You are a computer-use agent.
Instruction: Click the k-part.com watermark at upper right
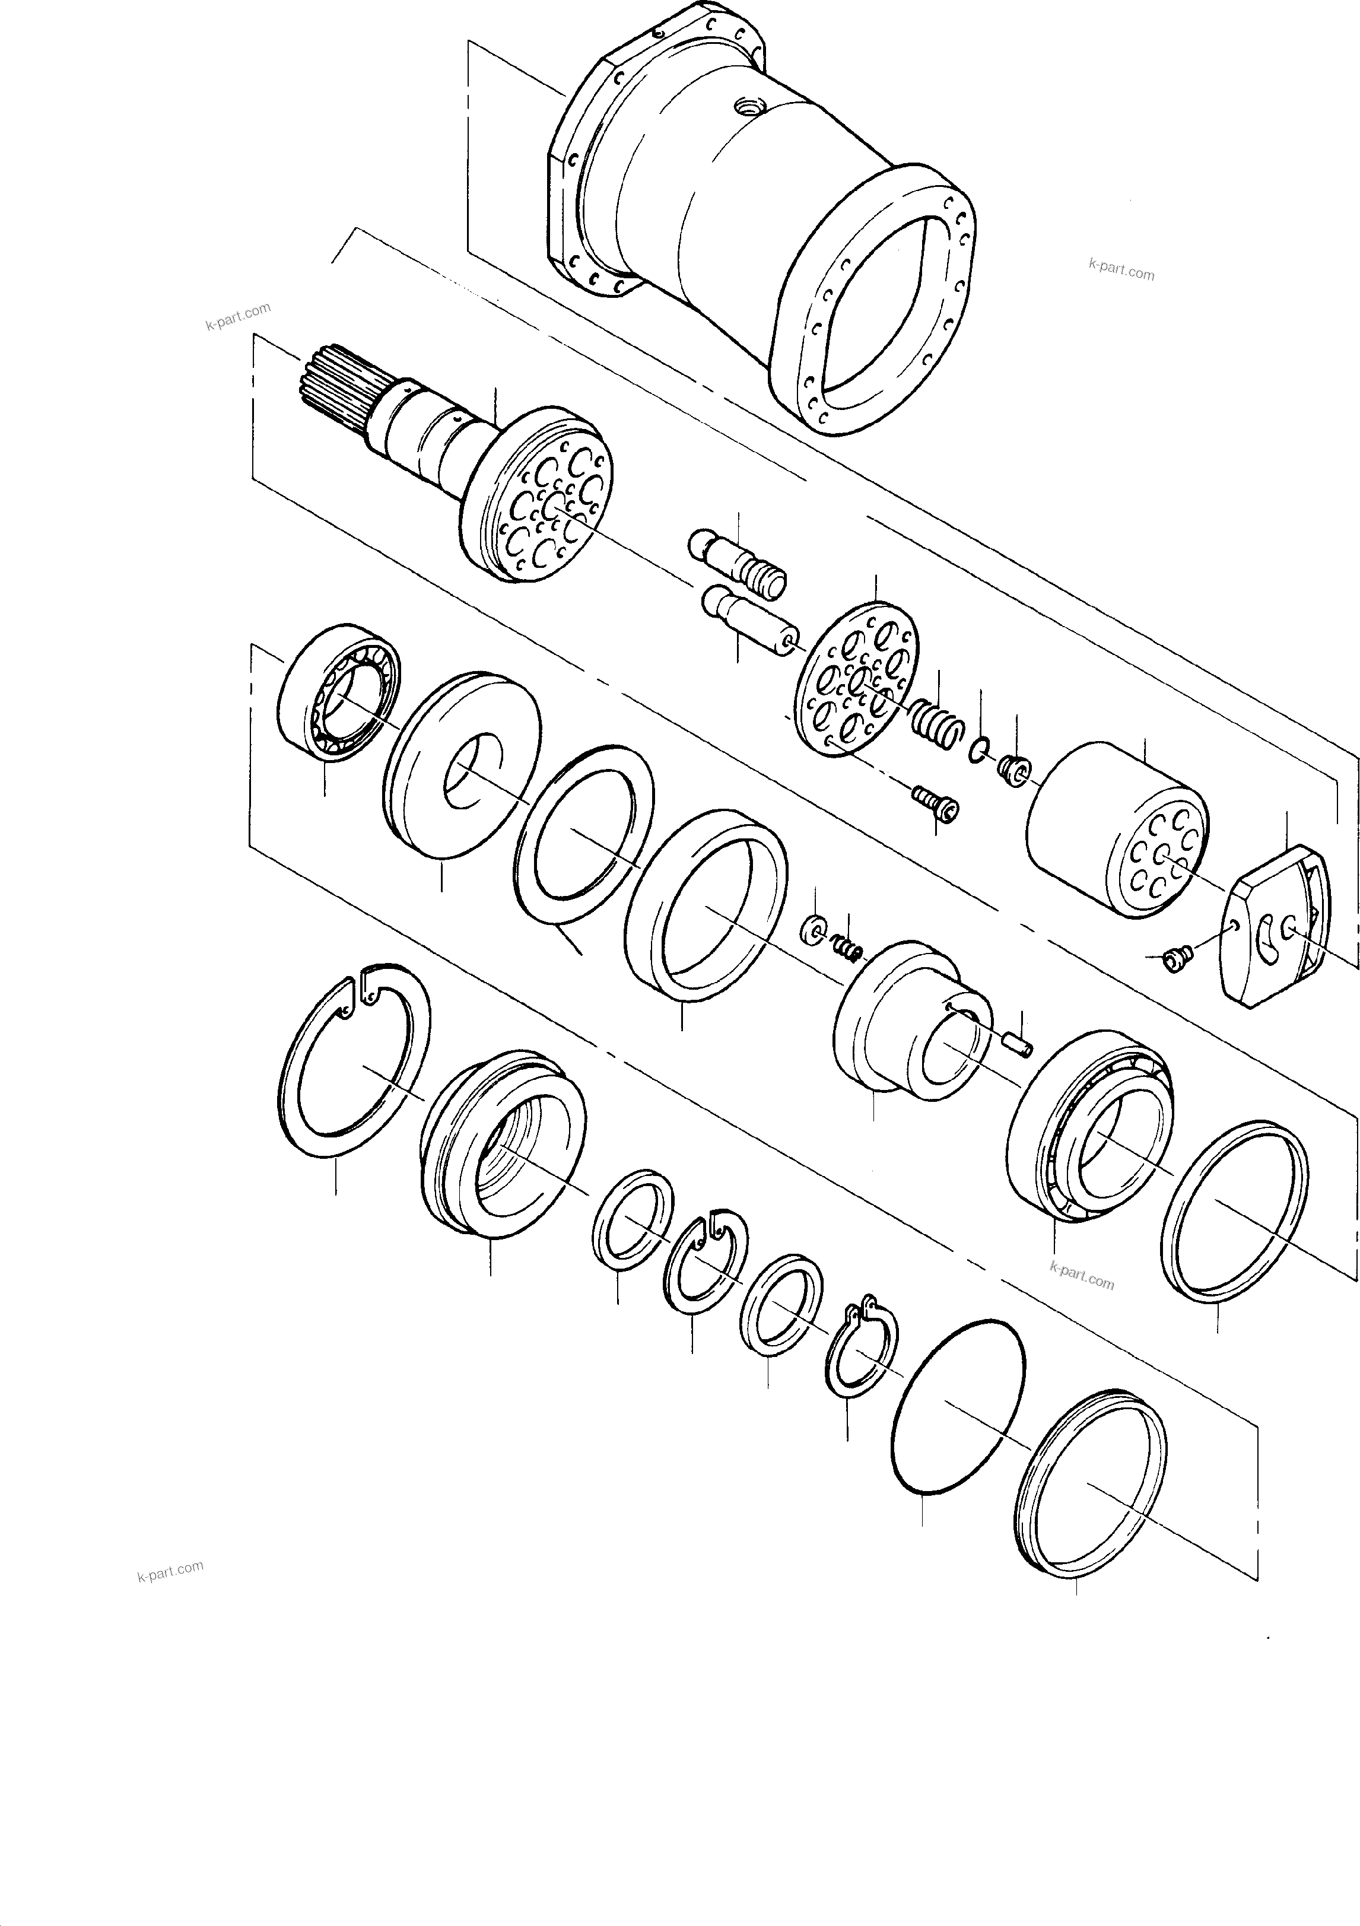1121,269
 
